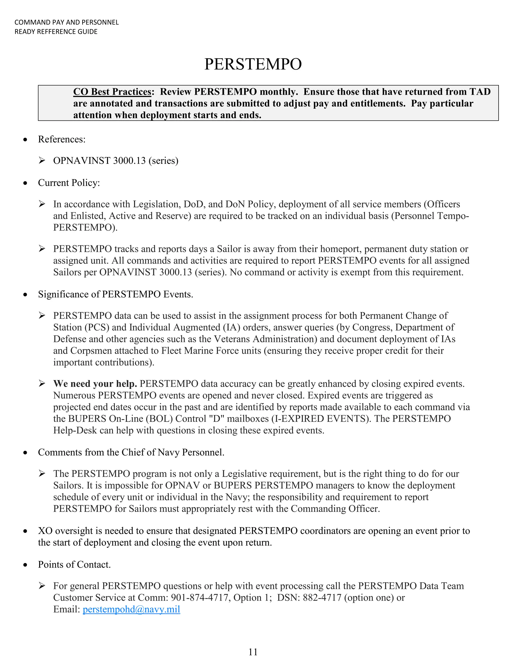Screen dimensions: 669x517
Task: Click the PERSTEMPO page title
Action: (253, 64)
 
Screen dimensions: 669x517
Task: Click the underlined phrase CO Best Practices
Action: (112, 92)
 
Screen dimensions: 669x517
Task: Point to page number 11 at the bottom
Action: (253, 652)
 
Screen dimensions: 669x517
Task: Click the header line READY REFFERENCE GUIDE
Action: (56, 32)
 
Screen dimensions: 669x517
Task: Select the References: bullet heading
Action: (62, 139)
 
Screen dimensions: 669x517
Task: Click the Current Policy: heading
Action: (69, 183)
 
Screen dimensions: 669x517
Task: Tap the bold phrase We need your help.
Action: (95, 384)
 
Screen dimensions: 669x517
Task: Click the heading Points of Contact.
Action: (74, 564)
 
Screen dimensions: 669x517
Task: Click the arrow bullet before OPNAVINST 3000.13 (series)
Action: (42, 161)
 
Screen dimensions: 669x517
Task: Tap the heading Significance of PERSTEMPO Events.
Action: (115, 294)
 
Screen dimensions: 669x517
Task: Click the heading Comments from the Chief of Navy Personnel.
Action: (131, 452)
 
